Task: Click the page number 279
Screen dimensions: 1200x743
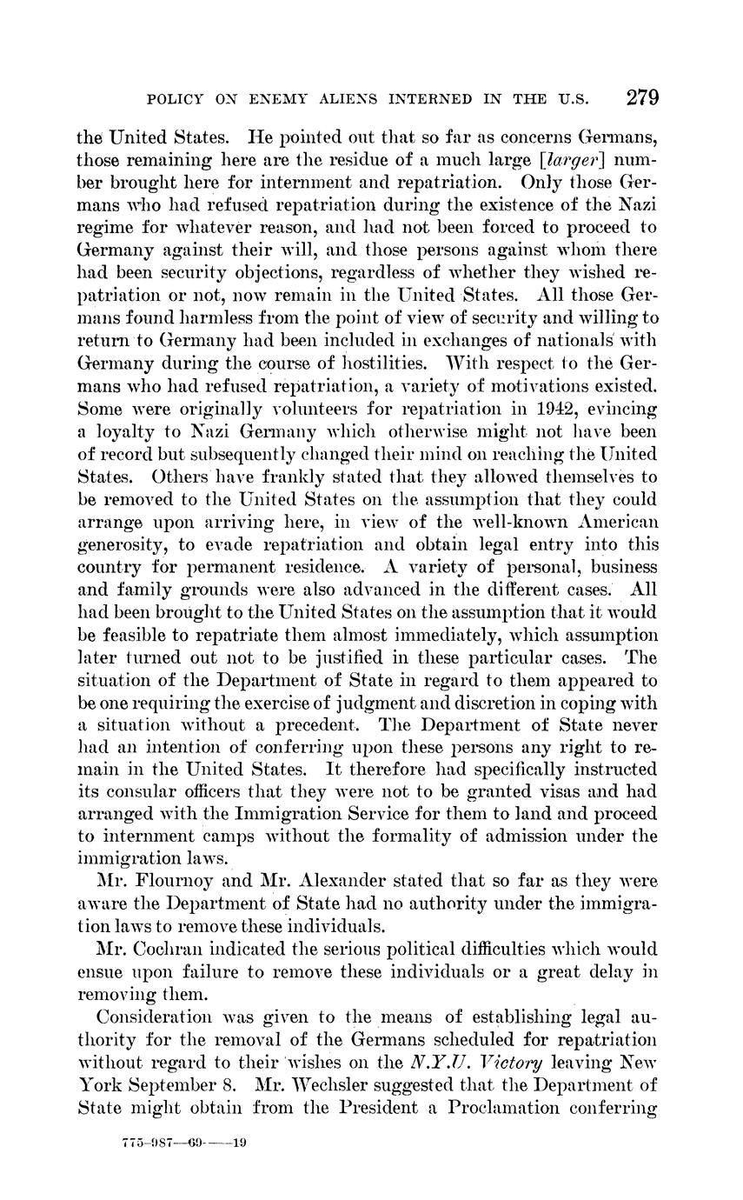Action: point(642,97)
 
